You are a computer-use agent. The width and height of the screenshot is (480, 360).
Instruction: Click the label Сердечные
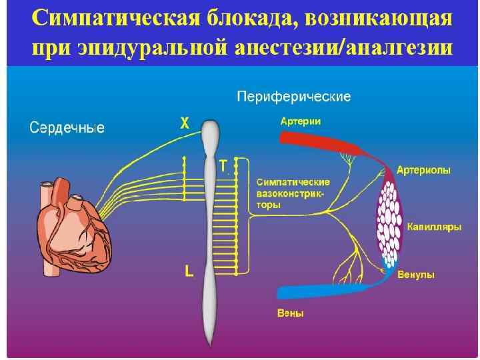pyautogui.click(x=67, y=127)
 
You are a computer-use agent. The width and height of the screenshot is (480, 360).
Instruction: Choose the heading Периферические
pyautogui.click(x=294, y=97)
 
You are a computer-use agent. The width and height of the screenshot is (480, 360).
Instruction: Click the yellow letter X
pyautogui.click(x=185, y=123)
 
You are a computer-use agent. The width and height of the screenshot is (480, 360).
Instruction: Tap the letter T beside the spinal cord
pyautogui.click(x=223, y=165)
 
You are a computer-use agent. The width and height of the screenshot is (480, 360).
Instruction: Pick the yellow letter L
pyautogui.click(x=189, y=271)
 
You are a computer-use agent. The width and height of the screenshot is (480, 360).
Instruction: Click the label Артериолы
pyautogui.click(x=423, y=171)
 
